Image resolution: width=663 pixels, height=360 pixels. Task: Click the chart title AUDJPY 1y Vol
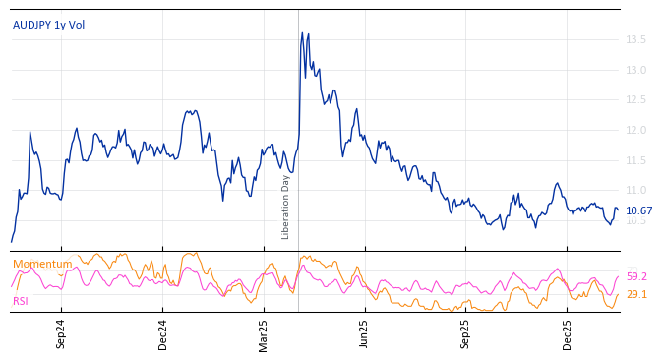[x=48, y=25]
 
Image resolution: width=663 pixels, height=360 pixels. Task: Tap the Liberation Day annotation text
[x=286, y=207]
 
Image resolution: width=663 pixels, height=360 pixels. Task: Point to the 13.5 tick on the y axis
[x=635, y=40]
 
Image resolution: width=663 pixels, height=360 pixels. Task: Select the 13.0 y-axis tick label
[x=635, y=70]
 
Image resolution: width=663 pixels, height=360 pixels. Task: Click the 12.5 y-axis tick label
[x=635, y=100]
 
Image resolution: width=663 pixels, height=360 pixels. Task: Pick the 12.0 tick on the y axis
[x=635, y=130]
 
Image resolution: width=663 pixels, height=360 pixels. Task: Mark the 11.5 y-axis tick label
[x=635, y=160]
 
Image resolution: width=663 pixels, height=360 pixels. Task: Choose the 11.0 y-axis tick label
[x=635, y=190]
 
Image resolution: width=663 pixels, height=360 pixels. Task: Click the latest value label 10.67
[x=639, y=210]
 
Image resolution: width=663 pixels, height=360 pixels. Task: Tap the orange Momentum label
[x=42, y=264]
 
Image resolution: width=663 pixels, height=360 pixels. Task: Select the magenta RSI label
[x=21, y=301]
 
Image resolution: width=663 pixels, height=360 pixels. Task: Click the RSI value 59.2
[x=636, y=277]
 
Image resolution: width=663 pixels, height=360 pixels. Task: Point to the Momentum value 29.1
[x=636, y=294]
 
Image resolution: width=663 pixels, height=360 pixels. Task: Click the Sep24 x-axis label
[x=61, y=333]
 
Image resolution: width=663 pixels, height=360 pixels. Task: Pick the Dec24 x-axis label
[x=163, y=333]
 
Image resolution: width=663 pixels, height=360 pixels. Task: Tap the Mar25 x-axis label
[x=264, y=333]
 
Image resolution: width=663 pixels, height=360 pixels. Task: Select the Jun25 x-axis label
[x=365, y=333]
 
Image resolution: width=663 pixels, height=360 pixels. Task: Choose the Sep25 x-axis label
[x=465, y=333]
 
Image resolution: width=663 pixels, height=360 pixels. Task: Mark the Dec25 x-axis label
[x=567, y=333]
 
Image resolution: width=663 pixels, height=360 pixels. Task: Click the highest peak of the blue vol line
[x=302, y=32]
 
